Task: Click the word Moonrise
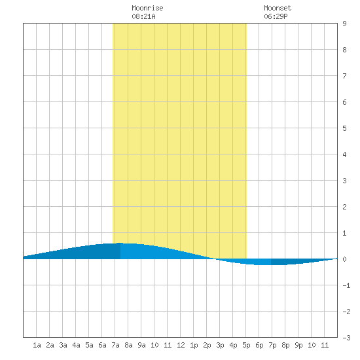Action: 147,8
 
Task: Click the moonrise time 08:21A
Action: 143,16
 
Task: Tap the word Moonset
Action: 278,8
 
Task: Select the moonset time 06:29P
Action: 276,16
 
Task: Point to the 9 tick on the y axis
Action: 344,24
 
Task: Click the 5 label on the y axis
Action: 344,128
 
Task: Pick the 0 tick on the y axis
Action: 344,259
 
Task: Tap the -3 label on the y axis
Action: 346,338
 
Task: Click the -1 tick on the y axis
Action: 346,285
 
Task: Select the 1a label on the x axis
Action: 37,345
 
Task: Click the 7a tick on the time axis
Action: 115,345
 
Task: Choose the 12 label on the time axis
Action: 181,345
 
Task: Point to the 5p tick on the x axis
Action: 246,345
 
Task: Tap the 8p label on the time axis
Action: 285,345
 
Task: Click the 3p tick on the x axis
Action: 220,345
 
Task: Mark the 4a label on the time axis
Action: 76,345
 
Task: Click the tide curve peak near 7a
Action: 120,243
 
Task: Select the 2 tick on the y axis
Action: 344,207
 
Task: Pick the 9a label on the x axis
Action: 141,345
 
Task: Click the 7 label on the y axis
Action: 344,76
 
